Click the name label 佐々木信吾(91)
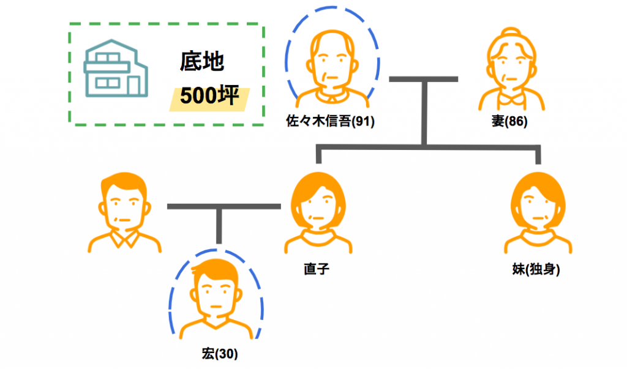pos(331,121)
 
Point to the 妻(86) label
pos(509,121)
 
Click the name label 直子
pos(317,269)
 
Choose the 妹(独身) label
pos(536,269)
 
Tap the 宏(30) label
pos(219,353)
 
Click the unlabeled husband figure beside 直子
pos(125,211)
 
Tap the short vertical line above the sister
pos(538,155)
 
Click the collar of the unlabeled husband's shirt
pos(125,239)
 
